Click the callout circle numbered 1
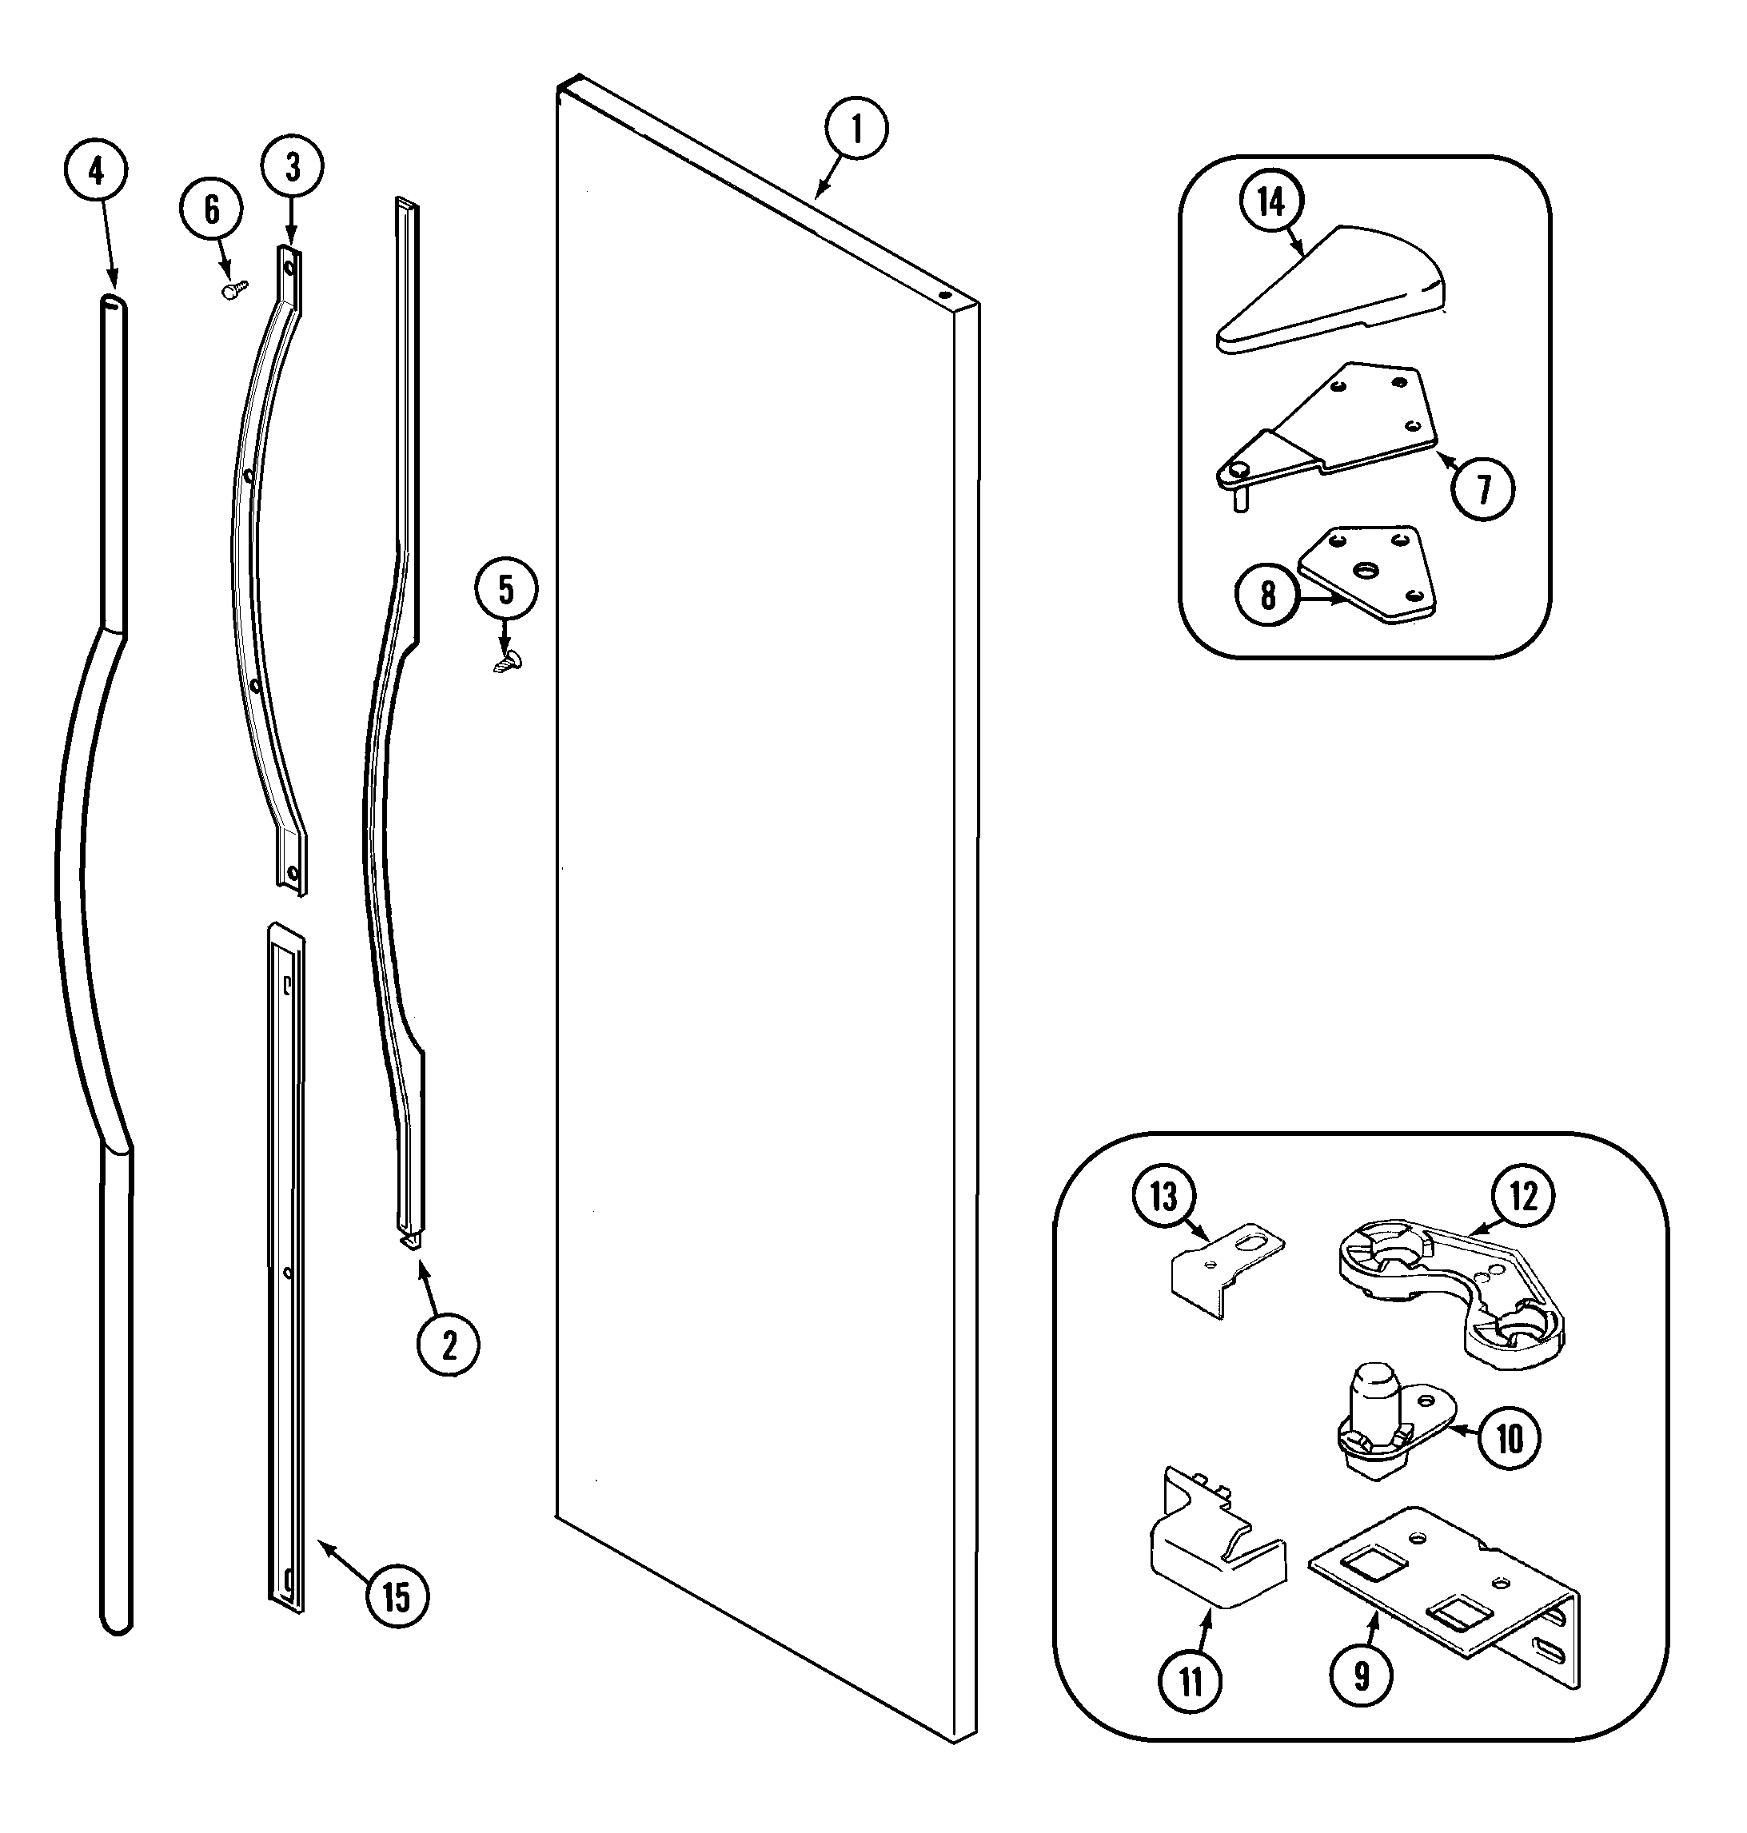point(856,130)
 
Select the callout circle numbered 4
point(96,170)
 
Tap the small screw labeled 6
point(233,289)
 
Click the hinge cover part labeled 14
point(1332,289)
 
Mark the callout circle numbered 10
point(1509,1438)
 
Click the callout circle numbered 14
point(1271,202)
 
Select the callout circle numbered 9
point(1362,1676)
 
